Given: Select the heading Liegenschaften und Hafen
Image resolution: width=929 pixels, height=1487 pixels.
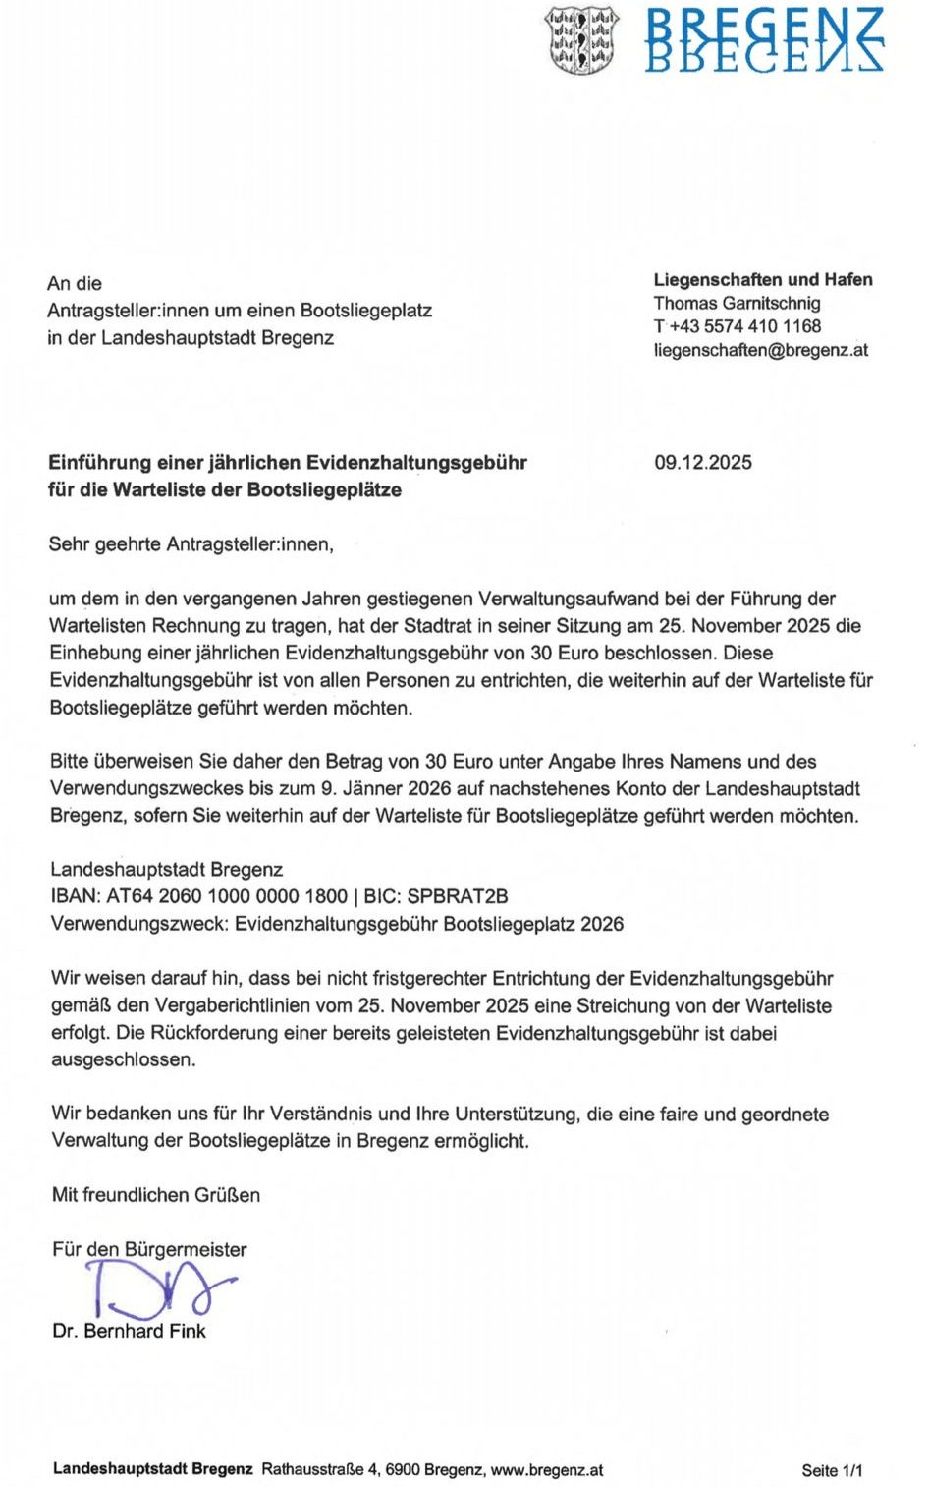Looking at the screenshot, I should [x=763, y=279].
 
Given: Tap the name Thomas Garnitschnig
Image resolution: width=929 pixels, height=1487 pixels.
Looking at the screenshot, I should [x=737, y=303].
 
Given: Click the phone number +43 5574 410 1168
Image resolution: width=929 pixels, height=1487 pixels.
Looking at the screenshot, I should [x=744, y=326].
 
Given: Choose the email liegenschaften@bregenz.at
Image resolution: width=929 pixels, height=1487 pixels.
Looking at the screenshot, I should [x=760, y=350].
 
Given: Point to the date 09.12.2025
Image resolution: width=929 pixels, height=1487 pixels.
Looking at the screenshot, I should [x=703, y=462].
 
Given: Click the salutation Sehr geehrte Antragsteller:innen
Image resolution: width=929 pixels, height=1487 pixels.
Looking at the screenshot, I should [x=191, y=543].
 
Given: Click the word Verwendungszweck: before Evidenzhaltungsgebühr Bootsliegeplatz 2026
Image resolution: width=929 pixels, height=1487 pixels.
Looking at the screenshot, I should [x=139, y=924].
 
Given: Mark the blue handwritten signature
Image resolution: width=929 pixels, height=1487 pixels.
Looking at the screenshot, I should [x=157, y=1289].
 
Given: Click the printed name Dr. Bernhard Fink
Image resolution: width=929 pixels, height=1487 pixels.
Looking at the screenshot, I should [x=129, y=1331].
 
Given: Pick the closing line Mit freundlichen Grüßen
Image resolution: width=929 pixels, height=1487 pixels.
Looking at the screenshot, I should [x=156, y=1195].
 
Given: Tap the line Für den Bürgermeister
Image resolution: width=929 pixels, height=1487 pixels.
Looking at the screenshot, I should [x=149, y=1249].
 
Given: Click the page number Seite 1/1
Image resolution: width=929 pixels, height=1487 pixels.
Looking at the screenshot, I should [x=832, y=1470].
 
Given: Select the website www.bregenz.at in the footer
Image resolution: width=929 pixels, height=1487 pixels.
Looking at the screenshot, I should [x=546, y=1470].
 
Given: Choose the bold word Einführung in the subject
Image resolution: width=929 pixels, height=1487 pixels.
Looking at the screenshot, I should [x=100, y=462].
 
